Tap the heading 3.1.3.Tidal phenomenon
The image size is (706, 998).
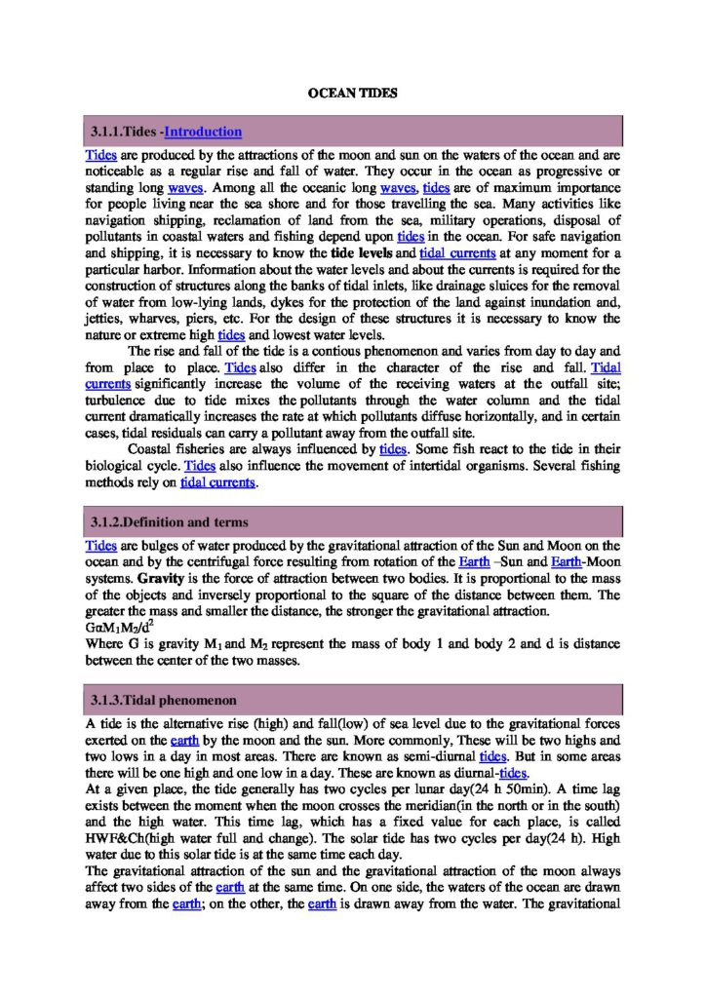(163, 700)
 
